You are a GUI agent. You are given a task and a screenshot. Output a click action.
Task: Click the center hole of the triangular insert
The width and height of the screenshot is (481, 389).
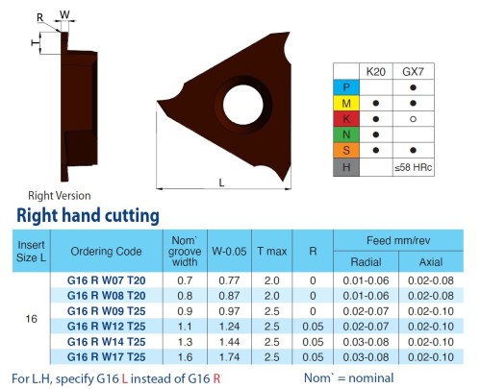242,105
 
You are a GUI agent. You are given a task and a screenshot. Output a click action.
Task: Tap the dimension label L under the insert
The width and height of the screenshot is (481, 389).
221,182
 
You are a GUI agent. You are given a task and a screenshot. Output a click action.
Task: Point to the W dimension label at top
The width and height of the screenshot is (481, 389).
64,14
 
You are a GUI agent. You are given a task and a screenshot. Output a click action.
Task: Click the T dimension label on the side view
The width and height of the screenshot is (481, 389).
35,42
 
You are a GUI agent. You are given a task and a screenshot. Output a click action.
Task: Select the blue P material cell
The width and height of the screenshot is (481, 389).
346,87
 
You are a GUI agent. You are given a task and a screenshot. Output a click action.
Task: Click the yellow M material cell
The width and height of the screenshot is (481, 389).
346,103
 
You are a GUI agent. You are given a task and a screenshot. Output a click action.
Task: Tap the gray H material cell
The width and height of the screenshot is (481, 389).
346,167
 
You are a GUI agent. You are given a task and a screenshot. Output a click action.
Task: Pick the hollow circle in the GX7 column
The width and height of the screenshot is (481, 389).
413,119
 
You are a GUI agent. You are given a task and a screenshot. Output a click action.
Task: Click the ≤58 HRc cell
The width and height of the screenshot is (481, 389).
413,167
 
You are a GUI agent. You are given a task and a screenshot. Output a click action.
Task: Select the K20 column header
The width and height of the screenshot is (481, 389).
375,72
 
